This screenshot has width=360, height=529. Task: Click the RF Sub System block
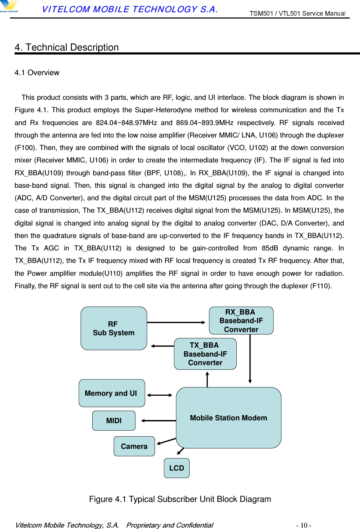[114, 328]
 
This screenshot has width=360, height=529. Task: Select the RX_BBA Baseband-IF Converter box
[241, 321]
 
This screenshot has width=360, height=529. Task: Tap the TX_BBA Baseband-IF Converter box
[205, 354]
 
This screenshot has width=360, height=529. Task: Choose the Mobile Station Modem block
[228, 418]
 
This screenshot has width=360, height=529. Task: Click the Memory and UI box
[112, 393]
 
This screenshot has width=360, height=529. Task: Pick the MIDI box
[114, 421]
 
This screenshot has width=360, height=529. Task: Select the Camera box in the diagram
[134, 446]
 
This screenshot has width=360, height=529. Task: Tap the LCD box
[176, 468]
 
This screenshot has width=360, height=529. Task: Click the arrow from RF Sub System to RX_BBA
[176, 322]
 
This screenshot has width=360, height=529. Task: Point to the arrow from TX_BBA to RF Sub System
[162, 346]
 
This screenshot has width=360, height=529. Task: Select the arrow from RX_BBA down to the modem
[250, 358]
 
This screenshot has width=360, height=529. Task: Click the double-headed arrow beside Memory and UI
[160, 395]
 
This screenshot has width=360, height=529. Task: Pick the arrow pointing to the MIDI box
[158, 421]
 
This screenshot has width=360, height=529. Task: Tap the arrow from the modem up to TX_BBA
[207, 379]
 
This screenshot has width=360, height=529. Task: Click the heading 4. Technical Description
[67, 47]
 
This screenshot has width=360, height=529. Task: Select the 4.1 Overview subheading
[37, 73]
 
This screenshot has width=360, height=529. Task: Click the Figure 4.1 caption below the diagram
[180, 499]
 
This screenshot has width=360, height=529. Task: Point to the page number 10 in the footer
[304, 525]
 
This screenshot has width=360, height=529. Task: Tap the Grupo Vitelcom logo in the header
[9, 6]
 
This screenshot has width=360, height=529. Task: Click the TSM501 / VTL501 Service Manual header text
[297, 14]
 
